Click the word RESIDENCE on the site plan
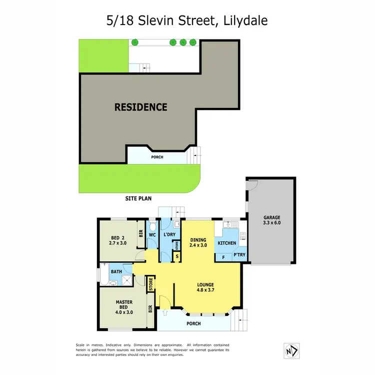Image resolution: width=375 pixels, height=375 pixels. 140,106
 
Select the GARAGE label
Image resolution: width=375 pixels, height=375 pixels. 272,217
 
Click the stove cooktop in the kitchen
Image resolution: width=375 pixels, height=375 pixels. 242,235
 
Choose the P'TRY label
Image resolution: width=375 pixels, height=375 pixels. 239,255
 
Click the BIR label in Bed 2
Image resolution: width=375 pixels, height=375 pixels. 141,233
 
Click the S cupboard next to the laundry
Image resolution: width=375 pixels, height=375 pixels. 176,257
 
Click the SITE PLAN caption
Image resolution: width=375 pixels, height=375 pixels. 138,198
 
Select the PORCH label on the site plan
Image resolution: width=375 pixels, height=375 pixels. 157,157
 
